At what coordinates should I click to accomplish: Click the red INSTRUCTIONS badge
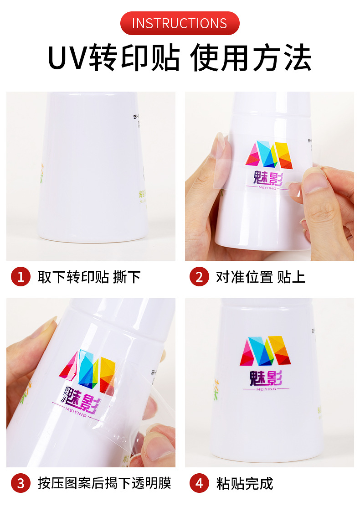pyautogui.click(x=180, y=23)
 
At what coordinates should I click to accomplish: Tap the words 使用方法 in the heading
pyautogui.click(x=251, y=58)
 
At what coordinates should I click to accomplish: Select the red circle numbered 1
pyautogui.click(x=21, y=277)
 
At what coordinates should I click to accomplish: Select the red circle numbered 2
pyautogui.click(x=199, y=277)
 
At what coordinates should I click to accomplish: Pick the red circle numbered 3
pyautogui.click(x=21, y=483)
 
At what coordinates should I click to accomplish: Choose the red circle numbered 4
pyautogui.click(x=199, y=483)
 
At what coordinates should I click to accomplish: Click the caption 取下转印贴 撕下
pyautogui.click(x=89, y=277)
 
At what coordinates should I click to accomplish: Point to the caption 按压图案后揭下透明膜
pyautogui.click(x=104, y=483)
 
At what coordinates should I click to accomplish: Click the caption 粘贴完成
pyautogui.click(x=245, y=483)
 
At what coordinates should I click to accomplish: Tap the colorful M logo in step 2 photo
pyautogui.click(x=268, y=154)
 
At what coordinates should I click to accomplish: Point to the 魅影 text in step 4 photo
pyautogui.click(x=266, y=378)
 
